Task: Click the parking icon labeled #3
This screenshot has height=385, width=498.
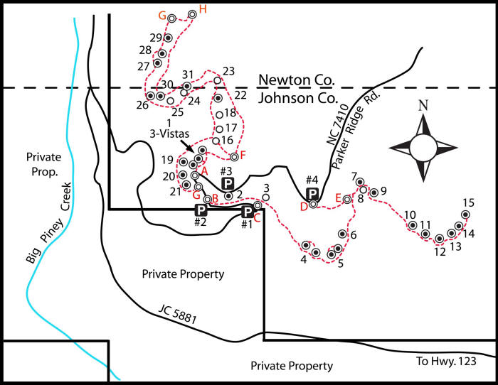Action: tap(228, 183)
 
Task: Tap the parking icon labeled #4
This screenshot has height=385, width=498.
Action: tap(312, 193)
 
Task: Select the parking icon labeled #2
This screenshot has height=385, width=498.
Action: tap(201, 210)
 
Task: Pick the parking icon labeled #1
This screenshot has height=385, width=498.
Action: tap(247, 211)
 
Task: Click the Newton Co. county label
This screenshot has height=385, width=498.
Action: tap(297, 80)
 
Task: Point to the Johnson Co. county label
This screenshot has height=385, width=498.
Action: tap(297, 98)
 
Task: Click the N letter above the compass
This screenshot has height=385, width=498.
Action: tap(423, 105)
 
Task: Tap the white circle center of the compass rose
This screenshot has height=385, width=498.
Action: tap(423, 148)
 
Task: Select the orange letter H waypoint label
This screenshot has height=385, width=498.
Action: tap(203, 9)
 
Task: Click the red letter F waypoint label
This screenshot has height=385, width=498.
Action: tap(243, 155)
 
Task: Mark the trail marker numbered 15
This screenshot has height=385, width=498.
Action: tap(465, 215)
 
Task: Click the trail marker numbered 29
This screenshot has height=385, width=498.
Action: tap(168, 38)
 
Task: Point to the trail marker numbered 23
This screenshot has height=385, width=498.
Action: tap(217, 80)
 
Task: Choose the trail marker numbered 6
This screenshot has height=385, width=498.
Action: tap(342, 234)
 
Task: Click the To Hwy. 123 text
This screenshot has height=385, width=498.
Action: tap(446, 361)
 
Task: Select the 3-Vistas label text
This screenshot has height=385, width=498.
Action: tap(169, 134)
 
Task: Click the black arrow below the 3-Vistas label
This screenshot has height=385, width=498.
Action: tap(186, 145)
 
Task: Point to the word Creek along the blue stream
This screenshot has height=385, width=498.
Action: tap(66, 197)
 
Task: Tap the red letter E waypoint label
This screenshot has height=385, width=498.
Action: tap(338, 198)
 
